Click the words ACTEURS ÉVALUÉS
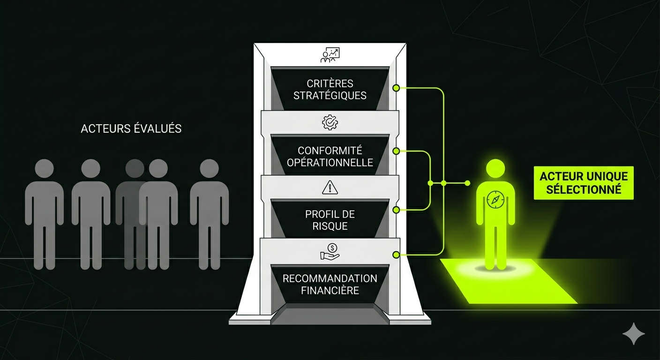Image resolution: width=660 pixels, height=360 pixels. (x=131, y=128)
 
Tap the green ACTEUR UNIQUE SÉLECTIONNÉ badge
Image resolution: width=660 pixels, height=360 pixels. (x=584, y=183)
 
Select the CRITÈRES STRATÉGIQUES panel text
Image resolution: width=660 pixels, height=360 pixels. (x=330, y=89)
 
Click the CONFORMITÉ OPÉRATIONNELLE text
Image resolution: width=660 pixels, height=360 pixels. (x=330, y=157)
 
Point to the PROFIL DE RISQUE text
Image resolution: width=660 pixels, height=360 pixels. (x=330, y=220)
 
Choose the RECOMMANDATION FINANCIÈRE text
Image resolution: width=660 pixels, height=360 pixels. (x=330, y=284)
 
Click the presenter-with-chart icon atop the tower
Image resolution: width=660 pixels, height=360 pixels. (x=330, y=55)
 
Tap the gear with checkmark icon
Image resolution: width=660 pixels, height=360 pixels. (x=330, y=123)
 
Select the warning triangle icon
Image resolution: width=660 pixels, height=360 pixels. (x=330, y=187)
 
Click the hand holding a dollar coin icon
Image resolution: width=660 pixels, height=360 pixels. (x=330, y=251)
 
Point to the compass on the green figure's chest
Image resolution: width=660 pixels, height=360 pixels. (x=495, y=199)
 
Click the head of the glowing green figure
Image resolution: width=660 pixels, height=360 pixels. (x=495, y=169)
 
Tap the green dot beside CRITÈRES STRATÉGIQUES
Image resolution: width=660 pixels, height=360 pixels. (x=396, y=88)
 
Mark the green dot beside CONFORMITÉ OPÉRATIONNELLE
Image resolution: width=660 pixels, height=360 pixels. (x=396, y=151)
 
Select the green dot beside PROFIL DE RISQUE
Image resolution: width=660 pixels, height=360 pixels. (x=396, y=210)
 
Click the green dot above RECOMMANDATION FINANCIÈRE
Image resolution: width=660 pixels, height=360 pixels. (x=396, y=255)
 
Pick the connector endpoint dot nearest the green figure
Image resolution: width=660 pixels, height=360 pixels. (x=467, y=183)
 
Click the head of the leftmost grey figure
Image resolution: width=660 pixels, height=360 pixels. (x=45, y=169)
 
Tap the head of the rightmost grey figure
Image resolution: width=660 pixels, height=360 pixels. (x=210, y=169)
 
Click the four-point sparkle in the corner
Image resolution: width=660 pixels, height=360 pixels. (x=633, y=333)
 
